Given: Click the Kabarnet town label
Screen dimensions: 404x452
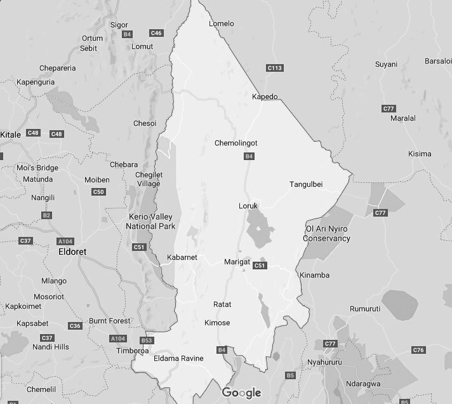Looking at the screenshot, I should tap(182, 257).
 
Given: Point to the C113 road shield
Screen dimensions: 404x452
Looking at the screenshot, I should tap(274, 68).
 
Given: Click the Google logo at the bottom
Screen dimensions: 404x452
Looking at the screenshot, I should tap(241, 393).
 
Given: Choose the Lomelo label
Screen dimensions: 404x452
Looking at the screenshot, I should tap(222, 24).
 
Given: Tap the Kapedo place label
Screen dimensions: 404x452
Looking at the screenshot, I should tap(265, 97).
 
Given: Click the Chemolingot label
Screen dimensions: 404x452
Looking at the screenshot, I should tap(236, 143).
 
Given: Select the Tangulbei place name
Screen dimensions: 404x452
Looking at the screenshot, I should tap(306, 184).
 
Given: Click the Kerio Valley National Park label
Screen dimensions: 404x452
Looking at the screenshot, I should tap(150, 222).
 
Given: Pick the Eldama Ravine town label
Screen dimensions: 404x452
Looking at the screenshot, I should tap(178, 358).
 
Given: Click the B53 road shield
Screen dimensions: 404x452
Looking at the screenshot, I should tap(147, 340).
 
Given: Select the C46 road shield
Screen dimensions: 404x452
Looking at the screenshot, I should tap(156, 32).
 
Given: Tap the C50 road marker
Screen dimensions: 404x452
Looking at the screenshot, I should tap(98, 192).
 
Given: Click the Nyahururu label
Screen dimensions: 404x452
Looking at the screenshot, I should tap(324, 362).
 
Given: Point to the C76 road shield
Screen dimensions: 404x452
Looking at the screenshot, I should tap(418, 350).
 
